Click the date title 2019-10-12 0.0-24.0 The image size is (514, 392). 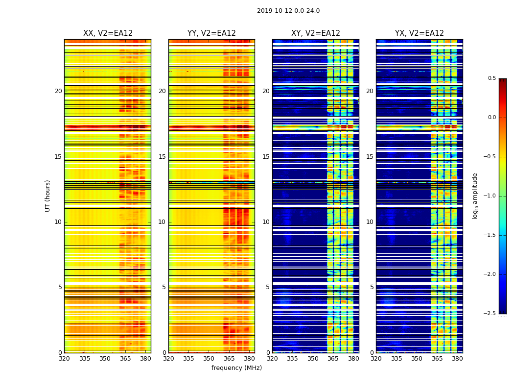point(288,11)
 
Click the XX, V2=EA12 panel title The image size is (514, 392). point(108,33)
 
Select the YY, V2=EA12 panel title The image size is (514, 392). point(211,33)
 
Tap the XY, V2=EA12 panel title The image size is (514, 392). point(316,33)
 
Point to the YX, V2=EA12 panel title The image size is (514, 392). point(420,33)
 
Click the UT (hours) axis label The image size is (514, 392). point(47,196)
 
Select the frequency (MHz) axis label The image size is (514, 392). point(236,368)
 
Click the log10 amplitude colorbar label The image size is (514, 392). point(475,196)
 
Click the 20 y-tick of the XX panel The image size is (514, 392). point(58,91)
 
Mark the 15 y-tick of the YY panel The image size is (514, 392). point(162,157)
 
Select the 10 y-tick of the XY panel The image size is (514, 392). point(266,222)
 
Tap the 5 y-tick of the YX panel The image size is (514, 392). point(372,287)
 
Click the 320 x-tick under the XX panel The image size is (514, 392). point(64,359)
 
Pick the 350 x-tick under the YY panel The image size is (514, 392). point(209,359)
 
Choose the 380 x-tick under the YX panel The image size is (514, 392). point(457,359)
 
